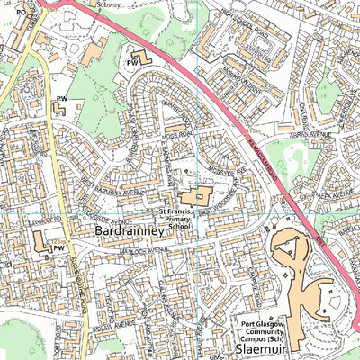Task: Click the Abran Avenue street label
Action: click(313, 135)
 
